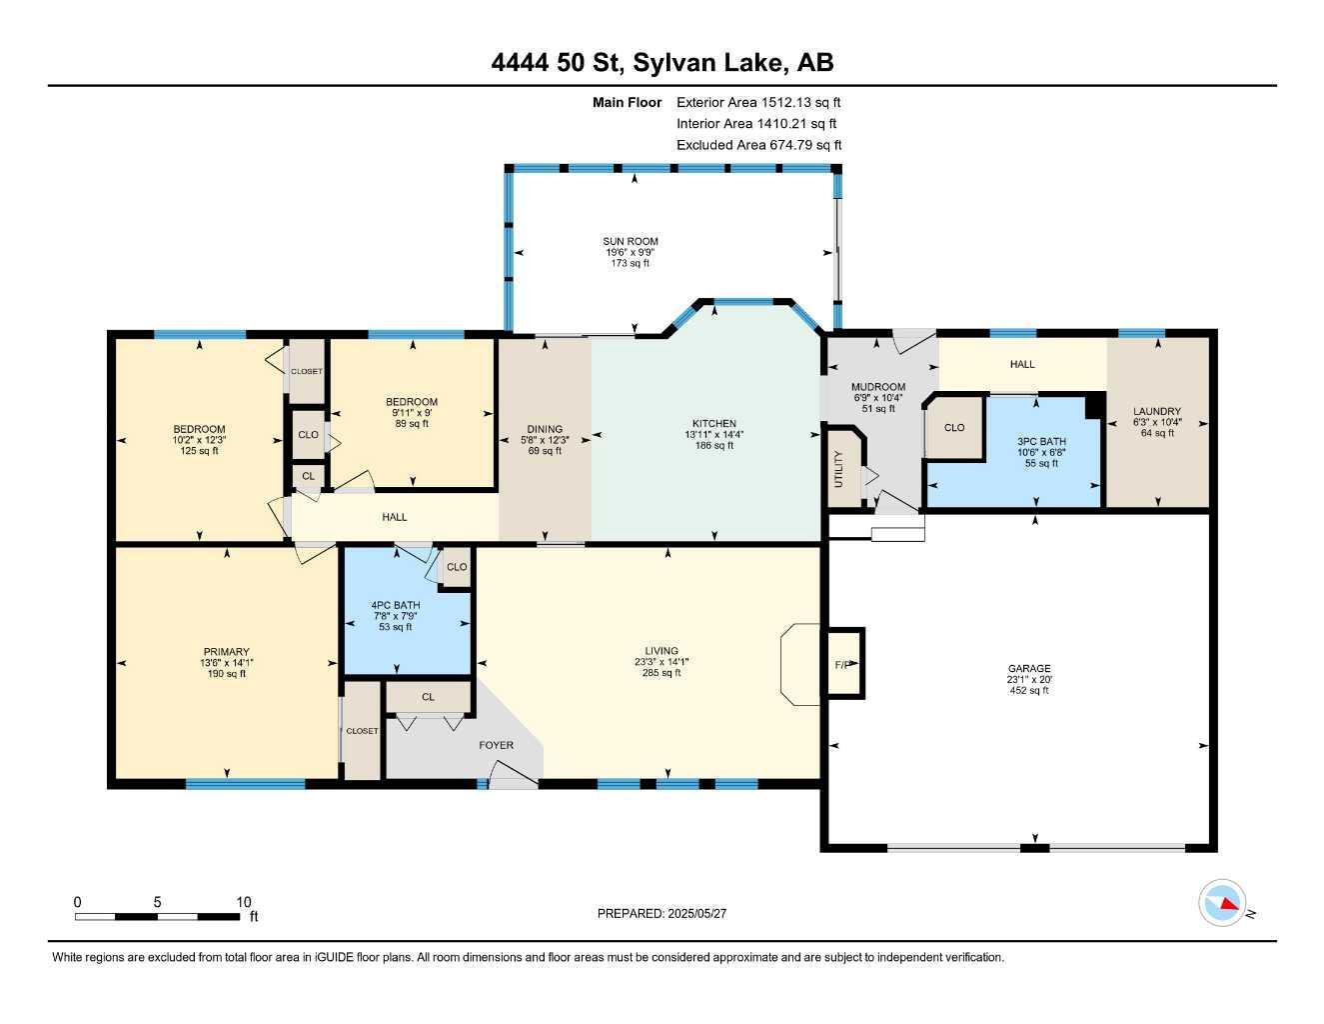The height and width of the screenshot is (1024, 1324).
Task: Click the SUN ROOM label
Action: coord(630,241)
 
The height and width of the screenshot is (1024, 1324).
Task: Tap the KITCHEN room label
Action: coord(714,423)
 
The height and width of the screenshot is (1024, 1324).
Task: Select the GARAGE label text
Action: coord(1029,668)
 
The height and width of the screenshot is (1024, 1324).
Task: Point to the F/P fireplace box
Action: coord(845,662)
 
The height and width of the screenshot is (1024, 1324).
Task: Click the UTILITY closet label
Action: coord(838,469)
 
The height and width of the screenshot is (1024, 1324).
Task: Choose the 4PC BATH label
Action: coord(396,605)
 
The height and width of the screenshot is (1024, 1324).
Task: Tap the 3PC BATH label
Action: coord(1041,441)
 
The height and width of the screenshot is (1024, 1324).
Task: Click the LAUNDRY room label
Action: coord(1157,411)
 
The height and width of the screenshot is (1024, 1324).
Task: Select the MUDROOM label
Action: coord(878,387)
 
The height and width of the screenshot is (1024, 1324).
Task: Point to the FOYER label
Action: coord(496,745)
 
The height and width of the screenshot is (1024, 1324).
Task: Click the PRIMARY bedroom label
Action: coord(226,652)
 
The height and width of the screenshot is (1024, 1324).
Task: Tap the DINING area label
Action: coord(545,429)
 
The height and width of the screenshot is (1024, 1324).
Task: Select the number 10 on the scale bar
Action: coord(244,902)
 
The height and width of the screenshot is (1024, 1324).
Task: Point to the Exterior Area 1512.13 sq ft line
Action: coord(758,102)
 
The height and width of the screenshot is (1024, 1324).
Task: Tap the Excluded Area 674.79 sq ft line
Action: coord(759,145)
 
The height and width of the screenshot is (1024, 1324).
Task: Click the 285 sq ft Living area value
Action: coord(662,673)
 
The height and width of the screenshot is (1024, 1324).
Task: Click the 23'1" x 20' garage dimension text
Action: coord(1029,679)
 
